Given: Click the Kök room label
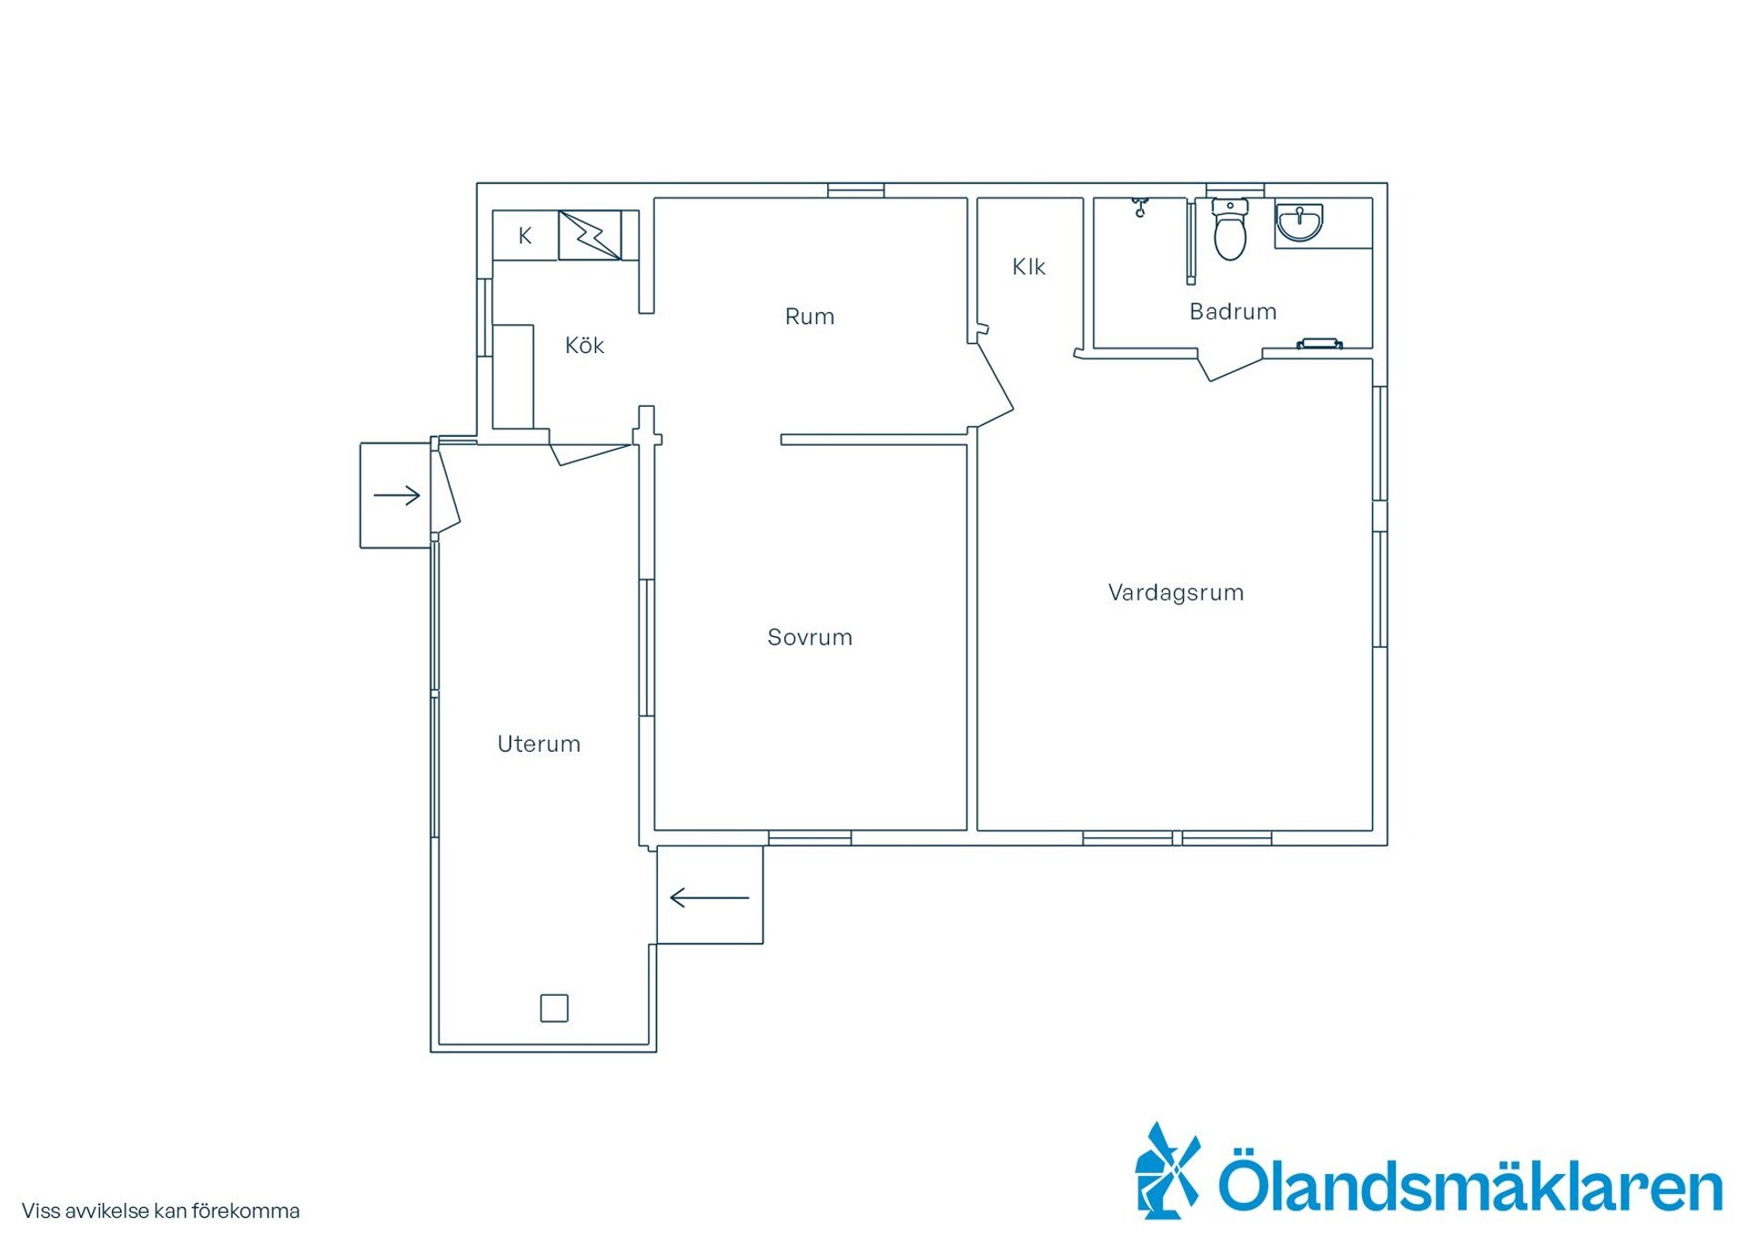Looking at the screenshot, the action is (584, 345).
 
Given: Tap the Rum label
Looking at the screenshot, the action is (810, 317).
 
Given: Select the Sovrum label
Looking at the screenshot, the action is (810, 637).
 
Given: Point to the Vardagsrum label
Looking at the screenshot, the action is (1176, 592).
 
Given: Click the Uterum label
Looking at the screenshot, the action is (539, 744).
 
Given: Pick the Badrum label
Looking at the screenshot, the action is (1233, 311).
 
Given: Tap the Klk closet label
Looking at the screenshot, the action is (1029, 267).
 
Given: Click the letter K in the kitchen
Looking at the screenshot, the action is (525, 236).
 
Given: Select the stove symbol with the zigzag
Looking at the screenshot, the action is (590, 236).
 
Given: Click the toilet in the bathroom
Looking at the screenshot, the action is (1230, 229).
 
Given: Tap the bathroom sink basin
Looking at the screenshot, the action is (1299, 223).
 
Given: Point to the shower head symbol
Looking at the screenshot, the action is (1140, 208).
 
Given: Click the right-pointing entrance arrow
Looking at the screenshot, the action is (397, 495).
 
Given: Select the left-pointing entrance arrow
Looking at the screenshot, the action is (710, 898).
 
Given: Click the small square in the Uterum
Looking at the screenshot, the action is (554, 1007).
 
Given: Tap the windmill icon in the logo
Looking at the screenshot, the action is (1167, 1170).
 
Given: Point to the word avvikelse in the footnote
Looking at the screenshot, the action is (107, 1211).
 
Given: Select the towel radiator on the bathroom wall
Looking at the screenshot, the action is (1319, 343).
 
